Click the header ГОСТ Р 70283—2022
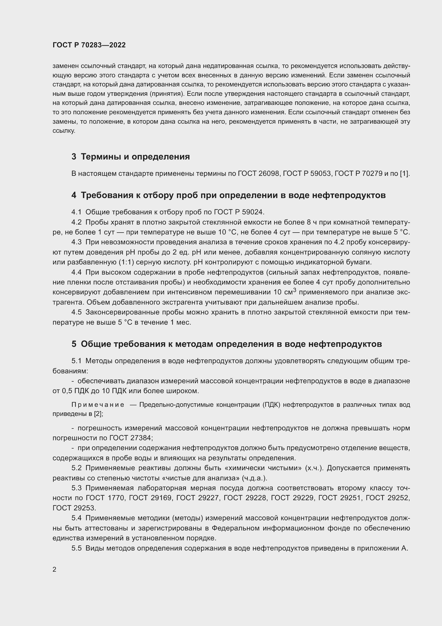point(89,45)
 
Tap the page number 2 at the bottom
point(55,569)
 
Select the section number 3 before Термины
point(74,157)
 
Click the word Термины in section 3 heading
point(104,157)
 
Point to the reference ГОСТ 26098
point(259,173)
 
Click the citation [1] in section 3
point(404,173)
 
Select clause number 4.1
point(76,212)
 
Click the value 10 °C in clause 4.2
point(227,232)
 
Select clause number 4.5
point(76,312)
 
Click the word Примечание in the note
point(98,405)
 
